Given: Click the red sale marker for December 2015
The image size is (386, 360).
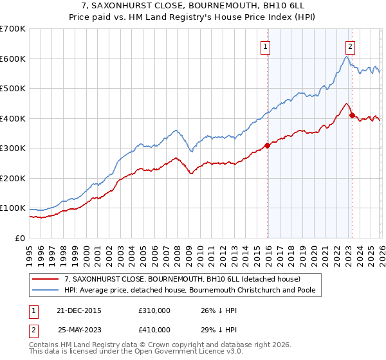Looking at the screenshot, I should (267, 145).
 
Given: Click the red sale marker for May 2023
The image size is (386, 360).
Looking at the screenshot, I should (351, 116).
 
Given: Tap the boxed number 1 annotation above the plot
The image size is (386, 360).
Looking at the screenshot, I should (265, 46).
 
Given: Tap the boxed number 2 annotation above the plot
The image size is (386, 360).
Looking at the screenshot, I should (350, 46).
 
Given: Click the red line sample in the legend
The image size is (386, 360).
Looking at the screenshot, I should (46, 279).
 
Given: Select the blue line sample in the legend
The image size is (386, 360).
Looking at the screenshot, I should (46, 290).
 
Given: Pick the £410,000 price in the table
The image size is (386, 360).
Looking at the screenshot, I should (154, 329).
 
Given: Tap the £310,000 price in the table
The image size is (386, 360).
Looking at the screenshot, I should (154, 310).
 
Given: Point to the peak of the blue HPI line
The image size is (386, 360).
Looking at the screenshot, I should (346, 57).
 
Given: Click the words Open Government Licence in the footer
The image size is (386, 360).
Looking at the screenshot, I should (169, 354).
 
